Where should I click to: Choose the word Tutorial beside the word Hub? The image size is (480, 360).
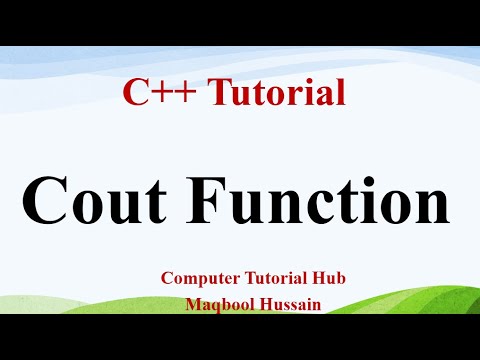tap(281, 279)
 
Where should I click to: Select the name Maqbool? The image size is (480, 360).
tap(217, 302)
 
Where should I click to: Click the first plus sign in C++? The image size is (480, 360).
tap(159, 95)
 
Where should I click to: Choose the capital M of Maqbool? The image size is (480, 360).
tap(194, 302)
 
